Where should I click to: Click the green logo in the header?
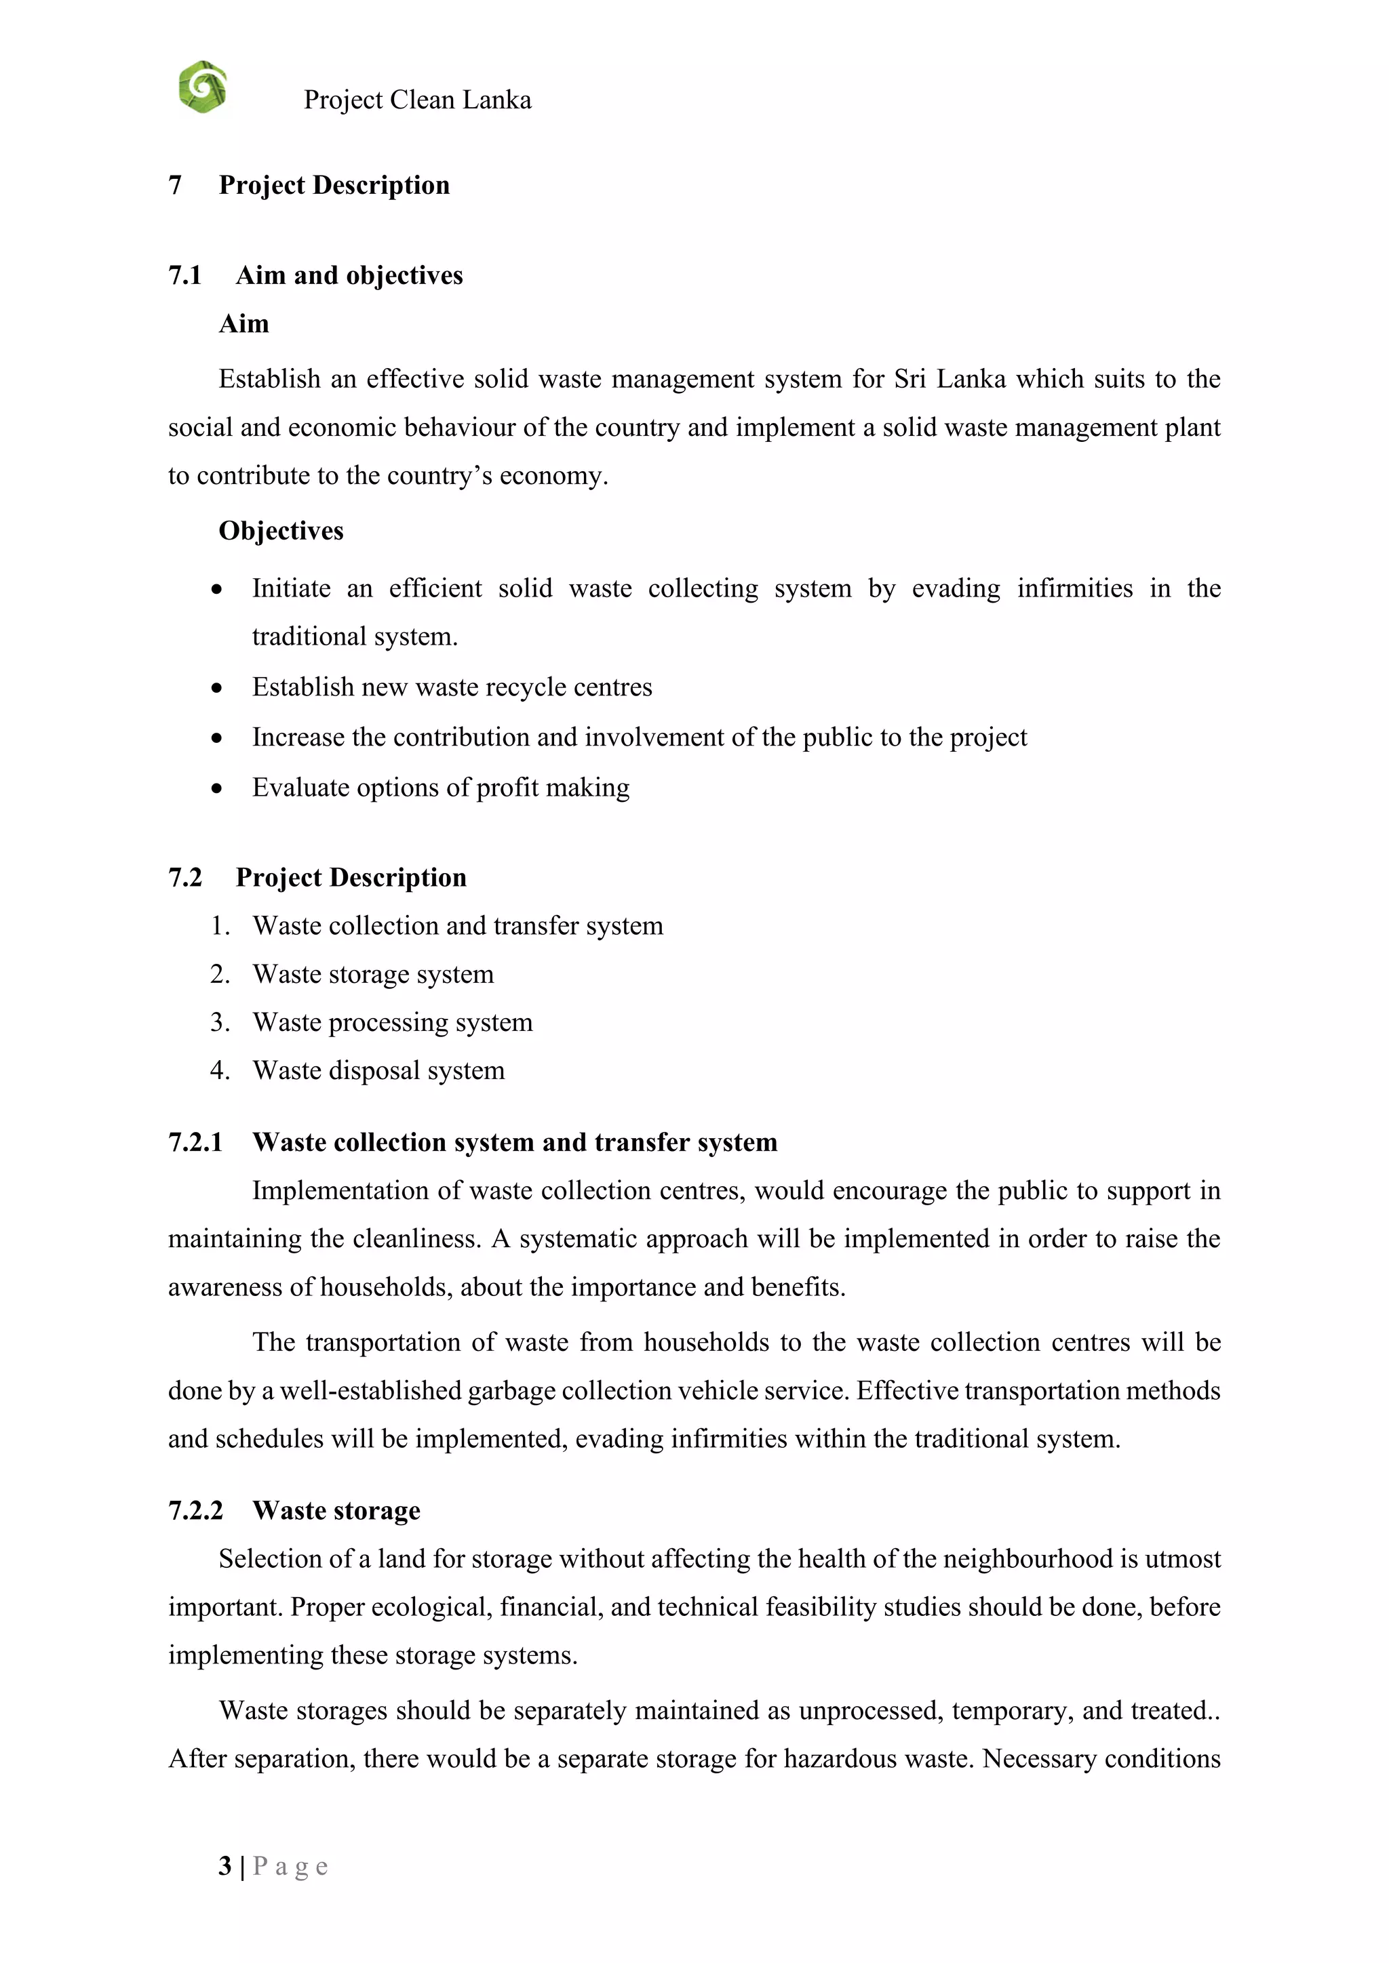pos(203,87)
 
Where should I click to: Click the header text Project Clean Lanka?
pos(417,100)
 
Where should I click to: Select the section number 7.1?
pos(184,275)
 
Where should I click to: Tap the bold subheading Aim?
pos(243,324)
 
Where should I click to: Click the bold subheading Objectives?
pos(281,531)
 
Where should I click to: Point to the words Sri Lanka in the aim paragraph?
pos(950,379)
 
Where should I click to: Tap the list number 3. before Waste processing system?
pos(220,1023)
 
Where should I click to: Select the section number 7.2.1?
pos(195,1142)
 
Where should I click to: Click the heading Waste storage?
pos(336,1511)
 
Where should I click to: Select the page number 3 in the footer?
pos(225,1865)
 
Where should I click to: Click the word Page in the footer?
pos(290,1865)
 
